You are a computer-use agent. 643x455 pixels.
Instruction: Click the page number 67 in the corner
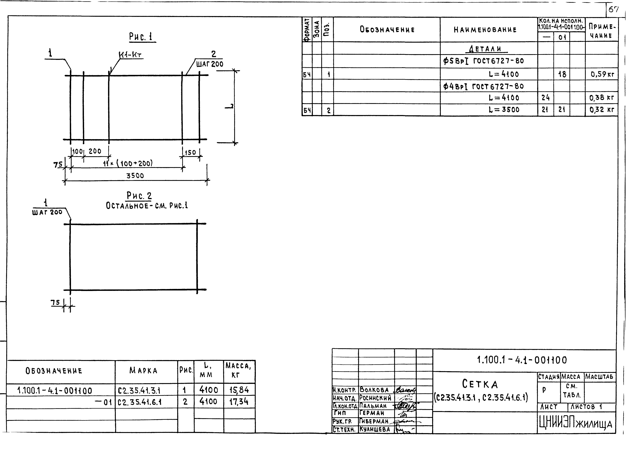[x=613, y=10]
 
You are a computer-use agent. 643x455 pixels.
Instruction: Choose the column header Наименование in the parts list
[x=485, y=30]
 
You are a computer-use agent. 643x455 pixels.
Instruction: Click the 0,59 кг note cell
[x=602, y=74]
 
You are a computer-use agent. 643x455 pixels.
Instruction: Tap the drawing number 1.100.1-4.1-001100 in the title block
[x=522, y=360]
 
